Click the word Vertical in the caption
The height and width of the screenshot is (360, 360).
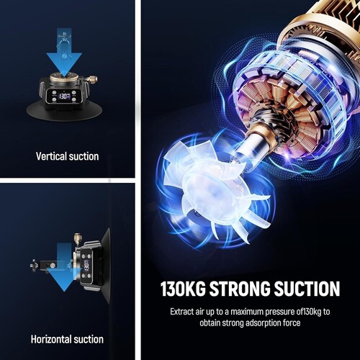[x=51, y=156]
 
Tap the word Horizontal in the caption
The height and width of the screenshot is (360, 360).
[x=51, y=339]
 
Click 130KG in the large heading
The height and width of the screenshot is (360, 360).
[x=183, y=288]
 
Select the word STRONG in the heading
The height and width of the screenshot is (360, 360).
[x=240, y=288]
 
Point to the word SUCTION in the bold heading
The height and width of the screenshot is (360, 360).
[x=307, y=288]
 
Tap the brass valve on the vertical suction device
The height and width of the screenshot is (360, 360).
[x=91, y=78]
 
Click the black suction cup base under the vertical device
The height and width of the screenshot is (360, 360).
[x=64, y=112]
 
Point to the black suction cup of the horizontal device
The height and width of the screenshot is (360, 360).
[x=104, y=266]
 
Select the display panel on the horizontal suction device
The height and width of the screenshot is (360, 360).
[x=86, y=266]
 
